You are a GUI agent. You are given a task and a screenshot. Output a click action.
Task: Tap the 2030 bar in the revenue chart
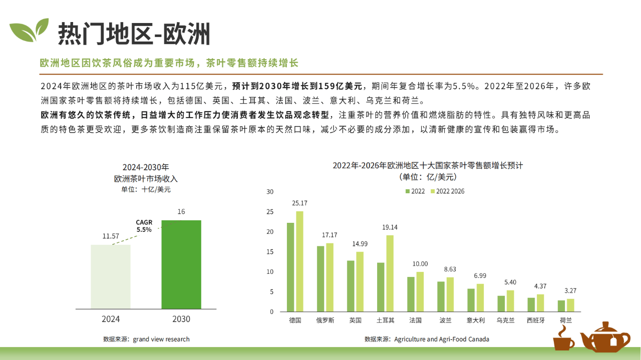click(181, 264)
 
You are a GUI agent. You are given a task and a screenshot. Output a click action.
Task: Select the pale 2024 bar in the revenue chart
click(110, 276)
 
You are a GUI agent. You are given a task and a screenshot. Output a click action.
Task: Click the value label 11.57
click(110, 236)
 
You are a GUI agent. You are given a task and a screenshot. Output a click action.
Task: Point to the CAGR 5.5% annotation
click(144, 226)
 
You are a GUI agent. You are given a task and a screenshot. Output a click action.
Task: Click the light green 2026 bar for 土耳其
click(390, 273)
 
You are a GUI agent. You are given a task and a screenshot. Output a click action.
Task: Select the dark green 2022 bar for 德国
click(290, 267)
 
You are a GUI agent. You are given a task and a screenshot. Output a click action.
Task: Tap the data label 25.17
click(299, 203)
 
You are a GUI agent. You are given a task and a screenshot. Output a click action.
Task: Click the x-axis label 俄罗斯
click(325, 320)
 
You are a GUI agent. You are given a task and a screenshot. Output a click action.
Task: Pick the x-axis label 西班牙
click(536, 320)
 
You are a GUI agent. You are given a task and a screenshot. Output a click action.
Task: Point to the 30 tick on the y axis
click(270, 192)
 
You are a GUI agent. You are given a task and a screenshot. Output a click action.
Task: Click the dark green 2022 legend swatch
click(408, 191)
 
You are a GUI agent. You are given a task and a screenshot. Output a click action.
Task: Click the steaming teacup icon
click(564, 338)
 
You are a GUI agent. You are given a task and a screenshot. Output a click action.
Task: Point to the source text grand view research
click(161, 339)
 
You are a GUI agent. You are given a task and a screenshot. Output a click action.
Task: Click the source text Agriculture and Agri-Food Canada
click(441, 339)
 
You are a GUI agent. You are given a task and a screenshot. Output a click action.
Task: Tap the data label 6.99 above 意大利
click(480, 275)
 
